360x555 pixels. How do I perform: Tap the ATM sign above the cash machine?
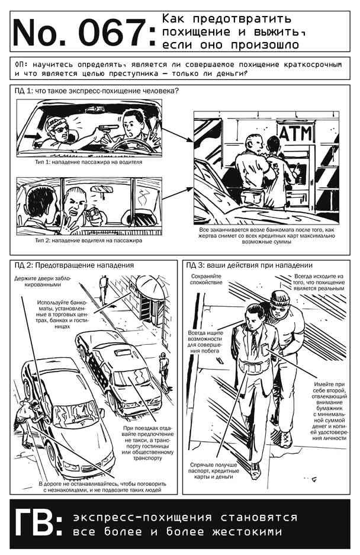(296, 133)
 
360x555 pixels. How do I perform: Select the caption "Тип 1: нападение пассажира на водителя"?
(88, 162)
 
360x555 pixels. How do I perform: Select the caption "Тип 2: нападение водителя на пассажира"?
(88, 240)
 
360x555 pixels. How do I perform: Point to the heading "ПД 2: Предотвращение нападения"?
(74, 265)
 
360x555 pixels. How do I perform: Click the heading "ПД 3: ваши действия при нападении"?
(249, 265)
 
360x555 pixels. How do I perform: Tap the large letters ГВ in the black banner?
(35, 524)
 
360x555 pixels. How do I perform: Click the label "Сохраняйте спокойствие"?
(206, 279)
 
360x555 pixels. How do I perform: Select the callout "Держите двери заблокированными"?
(43, 281)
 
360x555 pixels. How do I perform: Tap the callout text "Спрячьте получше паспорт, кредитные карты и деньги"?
(214, 471)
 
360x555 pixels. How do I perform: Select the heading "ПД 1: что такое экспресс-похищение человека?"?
(97, 91)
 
